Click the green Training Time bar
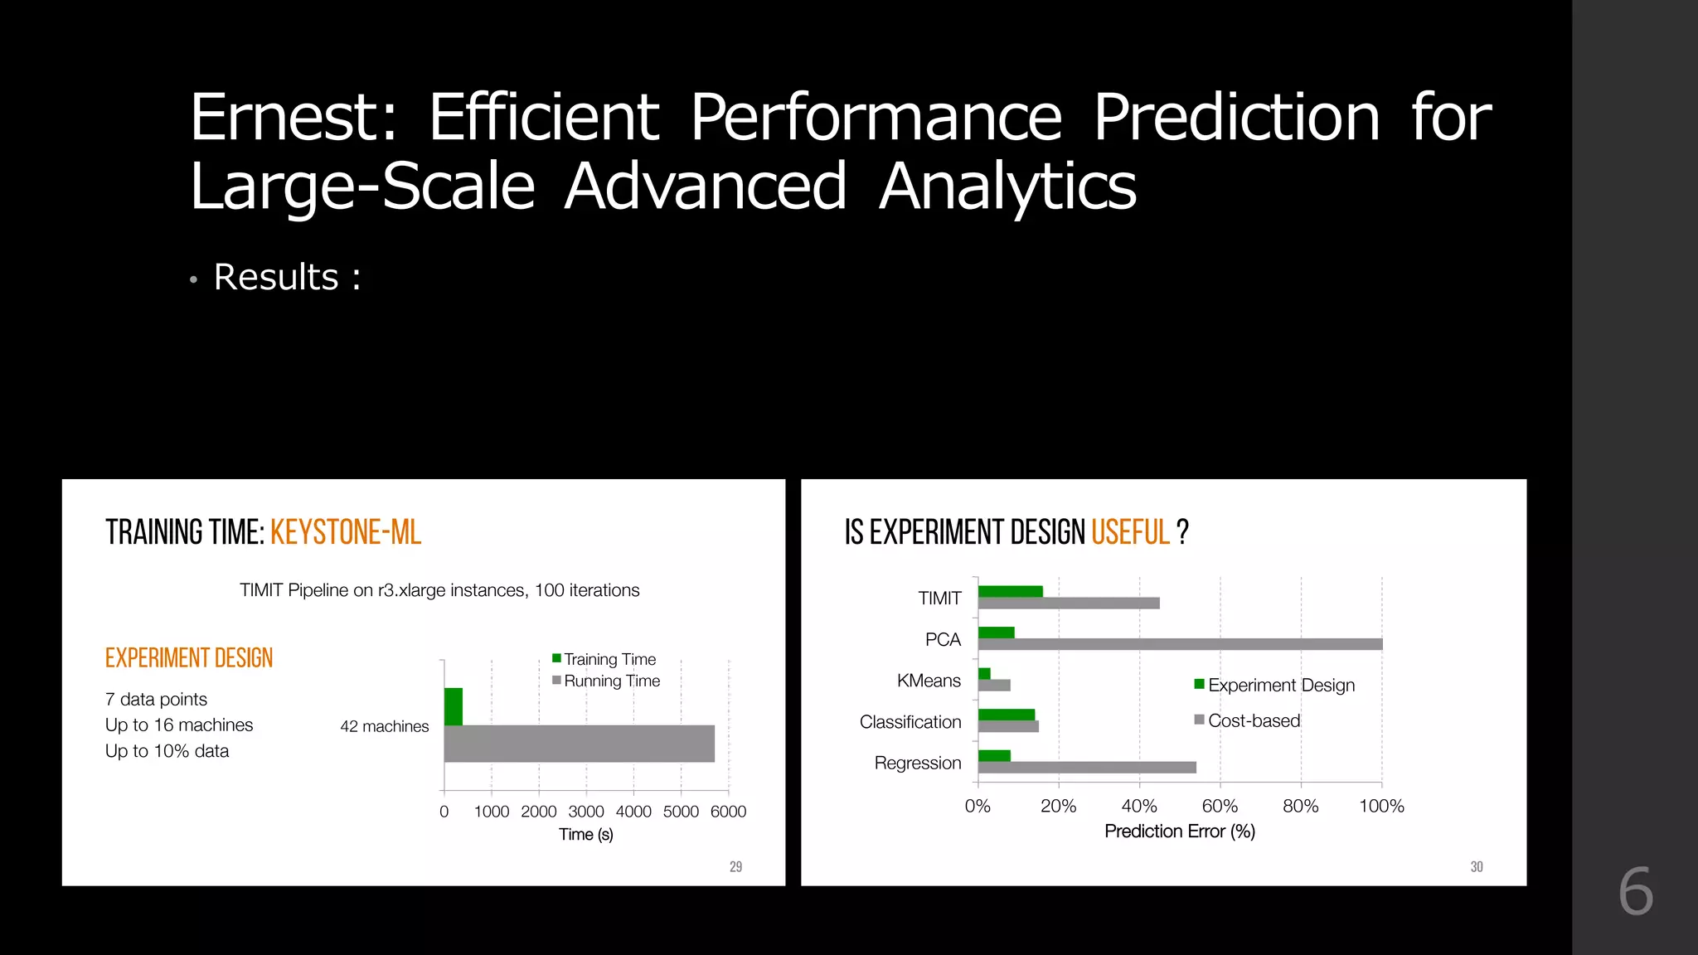click(454, 706)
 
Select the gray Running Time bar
click(579, 744)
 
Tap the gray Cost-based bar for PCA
click(1179, 644)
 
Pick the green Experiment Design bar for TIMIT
click(1010, 591)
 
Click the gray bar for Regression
click(1086, 768)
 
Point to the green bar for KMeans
click(984, 673)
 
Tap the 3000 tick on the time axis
click(586, 812)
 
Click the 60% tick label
click(1220, 806)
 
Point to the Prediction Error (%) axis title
click(1179, 831)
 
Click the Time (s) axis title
click(585, 834)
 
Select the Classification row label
click(910, 722)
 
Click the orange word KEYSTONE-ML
click(346, 532)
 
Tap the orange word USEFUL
click(1130, 532)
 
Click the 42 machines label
click(384, 726)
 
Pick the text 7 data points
click(156, 699)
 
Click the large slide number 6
click(1635, 892)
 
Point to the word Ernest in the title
click(294, 118)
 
